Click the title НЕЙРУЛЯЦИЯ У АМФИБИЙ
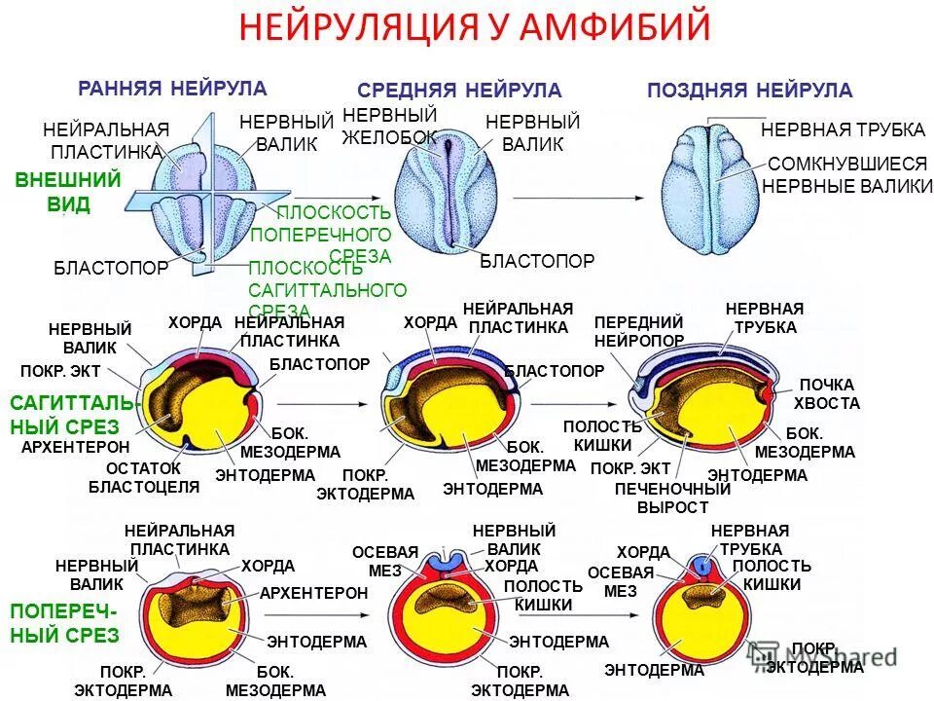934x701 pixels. tap(475, 27)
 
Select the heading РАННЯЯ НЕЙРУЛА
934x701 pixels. tap(172, 89)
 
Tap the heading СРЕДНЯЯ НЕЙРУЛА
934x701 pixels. tap(459, 91)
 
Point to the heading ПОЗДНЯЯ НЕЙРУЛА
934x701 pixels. tap(749, 91)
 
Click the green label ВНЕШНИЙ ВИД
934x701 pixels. tap(68, 192)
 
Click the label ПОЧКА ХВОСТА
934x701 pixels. tap(826, 394)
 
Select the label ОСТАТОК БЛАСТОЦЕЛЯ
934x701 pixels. tap(143, 477)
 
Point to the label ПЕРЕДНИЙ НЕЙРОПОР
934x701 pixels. tap(638, 331)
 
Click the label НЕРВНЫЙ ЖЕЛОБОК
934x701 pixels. tap(389, 127)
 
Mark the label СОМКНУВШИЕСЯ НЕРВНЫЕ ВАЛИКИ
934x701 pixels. tap(847, 175)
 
